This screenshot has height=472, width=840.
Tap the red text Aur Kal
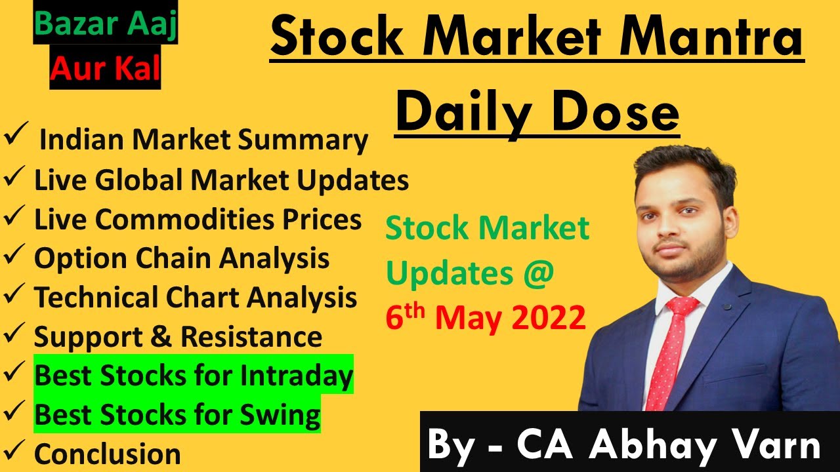click(105, 69)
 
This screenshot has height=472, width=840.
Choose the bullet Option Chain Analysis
click(182, 259)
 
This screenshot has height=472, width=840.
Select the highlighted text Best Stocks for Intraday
click(194, 376)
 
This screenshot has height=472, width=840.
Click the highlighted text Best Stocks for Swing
click(177, 414)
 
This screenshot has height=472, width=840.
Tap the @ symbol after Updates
click(539, 273)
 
